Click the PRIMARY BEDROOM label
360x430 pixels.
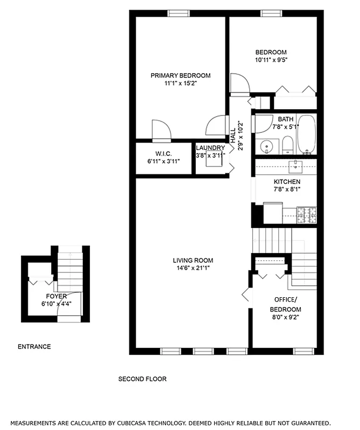coord(180,75)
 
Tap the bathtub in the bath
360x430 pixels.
coord(307,134)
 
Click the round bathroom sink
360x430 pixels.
coord(265,146)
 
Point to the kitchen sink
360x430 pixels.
coord(296,165)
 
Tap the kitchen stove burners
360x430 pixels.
coord(306,215)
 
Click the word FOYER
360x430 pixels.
coord(57,296)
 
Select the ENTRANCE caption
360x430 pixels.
coord(34,347)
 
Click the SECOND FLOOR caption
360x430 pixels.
coord(142,379)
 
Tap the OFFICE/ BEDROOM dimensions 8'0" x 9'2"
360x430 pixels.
coord(285,317)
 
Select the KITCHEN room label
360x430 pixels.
coord(287,182)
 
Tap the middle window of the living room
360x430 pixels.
coord(202,352)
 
